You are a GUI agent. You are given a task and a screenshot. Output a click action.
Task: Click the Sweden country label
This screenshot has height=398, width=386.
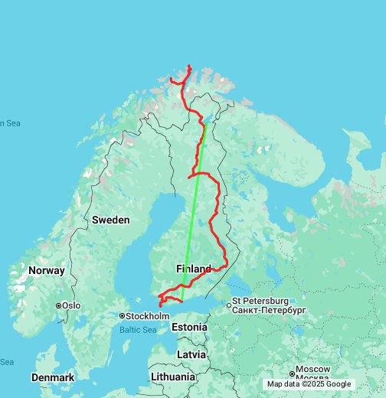coord(111,220)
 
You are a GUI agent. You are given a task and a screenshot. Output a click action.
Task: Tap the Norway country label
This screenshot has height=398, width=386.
coord(47,271)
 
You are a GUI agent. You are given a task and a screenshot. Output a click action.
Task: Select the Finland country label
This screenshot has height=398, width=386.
coord(193,269)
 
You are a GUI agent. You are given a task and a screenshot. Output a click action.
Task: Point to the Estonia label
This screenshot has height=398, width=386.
coord(189,327)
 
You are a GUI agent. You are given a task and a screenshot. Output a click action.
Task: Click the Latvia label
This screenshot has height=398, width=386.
coord(191,354)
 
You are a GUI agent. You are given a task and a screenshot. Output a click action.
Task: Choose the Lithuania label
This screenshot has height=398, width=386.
coord(173,377)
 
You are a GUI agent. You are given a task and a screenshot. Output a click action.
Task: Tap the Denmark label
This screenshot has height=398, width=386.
coord(53,377)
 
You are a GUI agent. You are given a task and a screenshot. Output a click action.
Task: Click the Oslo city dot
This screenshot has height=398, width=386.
coord(57,306)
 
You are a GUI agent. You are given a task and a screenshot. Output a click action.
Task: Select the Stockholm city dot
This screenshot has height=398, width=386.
coord(122,315)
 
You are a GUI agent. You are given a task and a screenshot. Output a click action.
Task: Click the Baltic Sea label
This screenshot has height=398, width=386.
coord(137,330)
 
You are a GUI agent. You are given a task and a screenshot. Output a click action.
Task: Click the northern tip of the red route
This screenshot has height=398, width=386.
coord(189,67)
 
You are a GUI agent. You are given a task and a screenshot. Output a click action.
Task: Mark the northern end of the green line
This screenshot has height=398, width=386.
coord(205,123)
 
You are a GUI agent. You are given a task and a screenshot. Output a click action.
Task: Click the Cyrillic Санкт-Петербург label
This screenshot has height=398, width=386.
coord(269,311)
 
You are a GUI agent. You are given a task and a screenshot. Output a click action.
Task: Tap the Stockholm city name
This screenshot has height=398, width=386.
coord(149,315)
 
